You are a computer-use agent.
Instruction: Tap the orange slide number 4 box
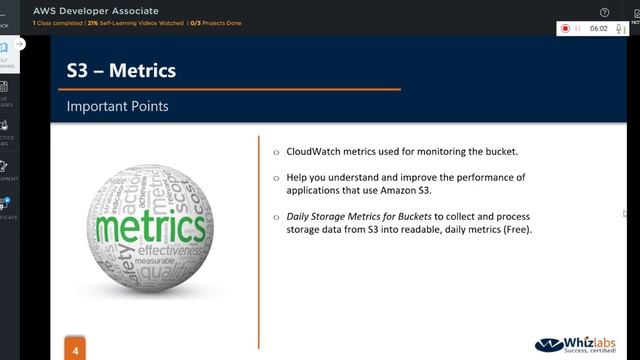point(74,350)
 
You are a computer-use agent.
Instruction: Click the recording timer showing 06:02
point(598,29)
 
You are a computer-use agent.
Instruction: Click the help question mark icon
point(604,13)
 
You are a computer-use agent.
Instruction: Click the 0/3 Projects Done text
point(215,23)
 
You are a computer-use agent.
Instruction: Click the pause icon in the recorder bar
point(578,29)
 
